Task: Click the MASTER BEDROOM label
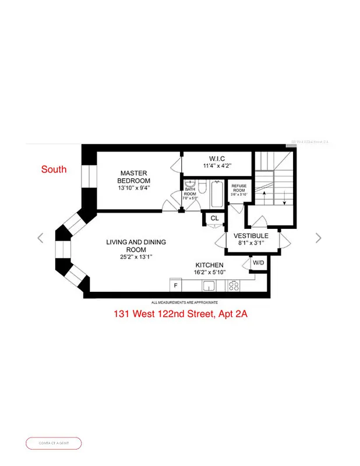(134, 176)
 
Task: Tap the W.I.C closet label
(216, 158)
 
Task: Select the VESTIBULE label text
(250, 235)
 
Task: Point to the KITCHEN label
(209, 265)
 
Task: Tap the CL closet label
(214, 218)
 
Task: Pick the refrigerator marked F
(175, 285)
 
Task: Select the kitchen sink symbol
(209, 285)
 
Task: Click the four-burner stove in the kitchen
(234, 285)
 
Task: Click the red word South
(54, 170)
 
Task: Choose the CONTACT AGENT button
(54, 443)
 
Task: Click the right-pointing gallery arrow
(318, 238)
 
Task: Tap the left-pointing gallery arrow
(40, 238)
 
